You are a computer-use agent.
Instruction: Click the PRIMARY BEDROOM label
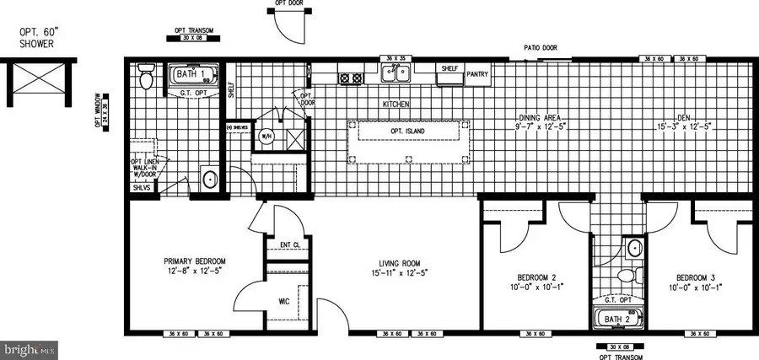[195, 261]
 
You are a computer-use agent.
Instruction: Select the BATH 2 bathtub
[617, 319]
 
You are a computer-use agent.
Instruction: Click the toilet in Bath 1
[145, 81]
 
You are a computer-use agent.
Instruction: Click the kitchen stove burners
[350, 78]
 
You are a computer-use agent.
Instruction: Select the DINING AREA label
[541, 117]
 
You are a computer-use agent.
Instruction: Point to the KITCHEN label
[396, 105]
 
